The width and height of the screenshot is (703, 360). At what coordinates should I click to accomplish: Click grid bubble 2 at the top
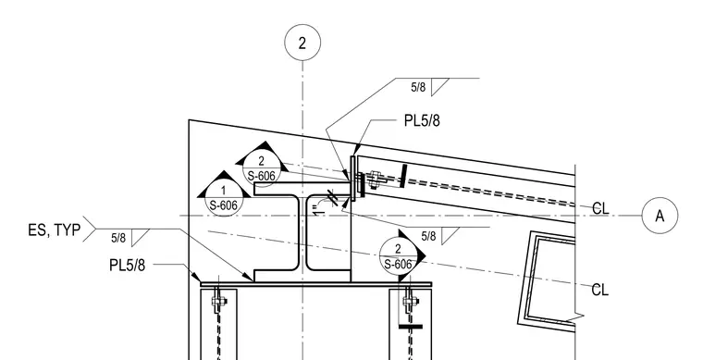click(302, 43)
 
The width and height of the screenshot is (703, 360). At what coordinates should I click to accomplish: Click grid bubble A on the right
click(660, 216)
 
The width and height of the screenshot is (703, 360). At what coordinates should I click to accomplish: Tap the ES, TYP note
click(55, 230)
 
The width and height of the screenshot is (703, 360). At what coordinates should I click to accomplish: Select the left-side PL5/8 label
click(128, 265)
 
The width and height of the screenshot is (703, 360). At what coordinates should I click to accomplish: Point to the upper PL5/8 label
click(422, 120)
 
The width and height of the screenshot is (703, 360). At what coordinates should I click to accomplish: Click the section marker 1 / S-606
click(223, 198)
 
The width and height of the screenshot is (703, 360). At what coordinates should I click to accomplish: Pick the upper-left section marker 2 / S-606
click(262, 168)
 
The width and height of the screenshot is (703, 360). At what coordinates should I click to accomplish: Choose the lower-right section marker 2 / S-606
click(398, 256)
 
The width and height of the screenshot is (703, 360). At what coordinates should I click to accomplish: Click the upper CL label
click(600, 208)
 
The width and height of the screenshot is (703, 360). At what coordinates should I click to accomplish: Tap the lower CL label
click(600, 290)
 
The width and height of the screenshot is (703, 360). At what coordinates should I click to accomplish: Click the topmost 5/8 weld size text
click(418, 87)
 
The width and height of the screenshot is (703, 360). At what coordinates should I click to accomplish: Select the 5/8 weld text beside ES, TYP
click(118, 238)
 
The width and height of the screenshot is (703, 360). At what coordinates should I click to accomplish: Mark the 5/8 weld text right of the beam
click(428, 236)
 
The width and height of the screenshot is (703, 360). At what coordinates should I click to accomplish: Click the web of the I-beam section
click(302, 232)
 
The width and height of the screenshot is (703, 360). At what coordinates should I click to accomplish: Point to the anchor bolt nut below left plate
click(217, 301)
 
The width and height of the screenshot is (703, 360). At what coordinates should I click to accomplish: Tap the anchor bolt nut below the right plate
click(409, 301)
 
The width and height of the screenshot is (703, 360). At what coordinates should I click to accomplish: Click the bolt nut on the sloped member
click(374, 179)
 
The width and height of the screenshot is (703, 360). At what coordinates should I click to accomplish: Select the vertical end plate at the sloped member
click(352, 179)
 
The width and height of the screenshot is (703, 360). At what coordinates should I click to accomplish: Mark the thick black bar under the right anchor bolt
click(411, 327)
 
